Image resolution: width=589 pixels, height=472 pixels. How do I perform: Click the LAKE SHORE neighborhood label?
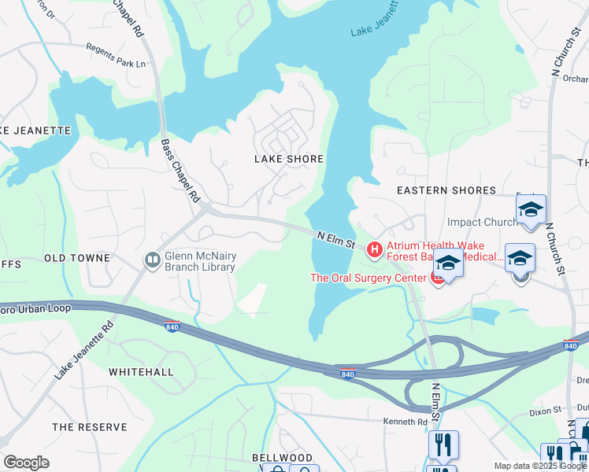[x=288, y=159]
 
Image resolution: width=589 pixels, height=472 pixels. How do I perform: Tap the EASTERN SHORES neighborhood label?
[x=446, y=190]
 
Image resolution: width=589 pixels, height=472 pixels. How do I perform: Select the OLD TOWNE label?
[x=77, y=258]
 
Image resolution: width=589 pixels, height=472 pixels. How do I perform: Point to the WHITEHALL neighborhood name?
[x=141, y=371]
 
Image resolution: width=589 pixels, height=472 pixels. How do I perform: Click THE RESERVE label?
[x=89, y=427]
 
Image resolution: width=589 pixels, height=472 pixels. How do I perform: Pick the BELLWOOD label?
[x=282, y=458]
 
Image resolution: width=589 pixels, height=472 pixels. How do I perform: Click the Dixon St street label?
[x=545, y=410]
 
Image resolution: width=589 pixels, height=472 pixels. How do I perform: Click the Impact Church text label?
[x=482, y=223]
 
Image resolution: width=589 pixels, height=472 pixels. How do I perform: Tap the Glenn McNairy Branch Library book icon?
[x=151, y=259]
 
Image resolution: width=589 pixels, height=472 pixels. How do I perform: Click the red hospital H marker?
[x=375, y=250]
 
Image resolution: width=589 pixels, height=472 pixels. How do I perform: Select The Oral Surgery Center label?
[x=368, y=278]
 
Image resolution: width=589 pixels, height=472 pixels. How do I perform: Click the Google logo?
[x=26, y=463]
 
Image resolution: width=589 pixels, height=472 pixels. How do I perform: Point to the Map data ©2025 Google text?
[x=539, y=466]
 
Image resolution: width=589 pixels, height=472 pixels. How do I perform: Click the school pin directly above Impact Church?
[x=531, y=210]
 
